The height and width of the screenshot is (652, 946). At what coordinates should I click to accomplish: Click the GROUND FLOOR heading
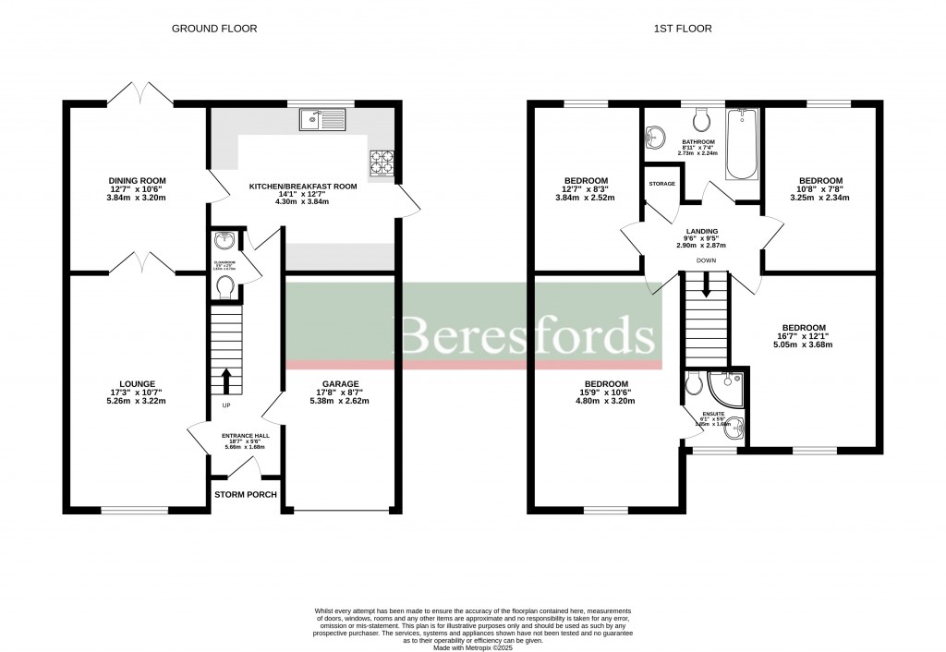(x=214, y=29)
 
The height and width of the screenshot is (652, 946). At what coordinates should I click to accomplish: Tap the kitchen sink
(x=321, y=118)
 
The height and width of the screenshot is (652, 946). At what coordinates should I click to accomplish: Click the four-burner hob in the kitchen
(x=381, y=163)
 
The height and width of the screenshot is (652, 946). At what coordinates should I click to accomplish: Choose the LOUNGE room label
(x=136, y=383)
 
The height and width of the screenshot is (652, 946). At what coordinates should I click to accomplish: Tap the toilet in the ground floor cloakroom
(x=224, y=290)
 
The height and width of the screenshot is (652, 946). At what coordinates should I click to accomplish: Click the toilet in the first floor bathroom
(x=700, y=119)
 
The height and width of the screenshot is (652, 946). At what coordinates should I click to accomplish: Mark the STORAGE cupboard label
(x=661, y=184)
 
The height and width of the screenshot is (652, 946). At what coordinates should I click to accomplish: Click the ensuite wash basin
(x=734, y=427)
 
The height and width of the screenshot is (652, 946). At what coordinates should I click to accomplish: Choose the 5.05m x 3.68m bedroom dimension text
(x=803, y=345)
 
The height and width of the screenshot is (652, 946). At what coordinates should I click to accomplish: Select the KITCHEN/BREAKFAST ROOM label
(x=303, y=186)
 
